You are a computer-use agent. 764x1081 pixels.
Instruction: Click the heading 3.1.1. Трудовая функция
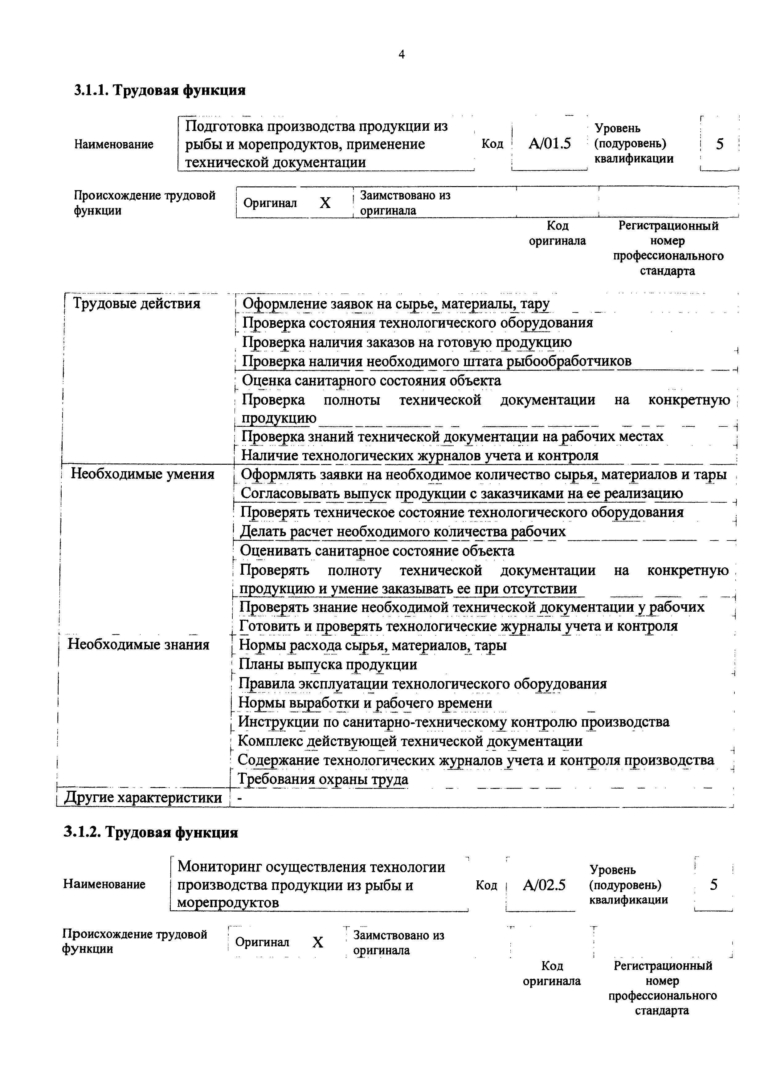click(x=160, y=90)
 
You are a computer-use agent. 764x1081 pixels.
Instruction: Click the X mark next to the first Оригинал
click(x=325, y=203)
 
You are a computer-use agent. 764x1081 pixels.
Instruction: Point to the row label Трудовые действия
click(x=137, y=304)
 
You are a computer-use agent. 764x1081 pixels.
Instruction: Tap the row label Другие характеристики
click(x=143, y=797)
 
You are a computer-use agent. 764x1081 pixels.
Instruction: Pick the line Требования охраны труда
click(x=323, y=779)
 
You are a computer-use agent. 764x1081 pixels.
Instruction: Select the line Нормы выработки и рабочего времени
click(x=365, y=703)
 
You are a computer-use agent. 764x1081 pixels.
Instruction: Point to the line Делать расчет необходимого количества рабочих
click(x=402, y=532)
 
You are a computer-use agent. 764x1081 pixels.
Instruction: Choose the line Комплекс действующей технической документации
click(x=410, y=741)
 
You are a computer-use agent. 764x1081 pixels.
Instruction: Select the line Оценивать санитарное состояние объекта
click(x=377, y=551)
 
